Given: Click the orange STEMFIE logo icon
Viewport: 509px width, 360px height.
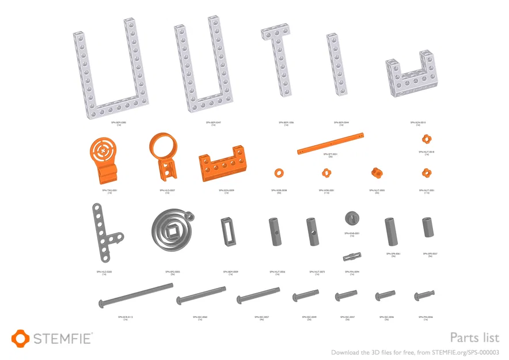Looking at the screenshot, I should coord(20,338).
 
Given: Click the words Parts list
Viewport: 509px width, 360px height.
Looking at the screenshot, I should coord(474,338).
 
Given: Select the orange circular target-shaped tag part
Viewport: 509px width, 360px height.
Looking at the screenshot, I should coord(104,151).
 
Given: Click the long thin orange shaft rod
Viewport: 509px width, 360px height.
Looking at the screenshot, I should coord(331,143).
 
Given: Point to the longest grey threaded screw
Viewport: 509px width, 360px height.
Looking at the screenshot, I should coord(136,294).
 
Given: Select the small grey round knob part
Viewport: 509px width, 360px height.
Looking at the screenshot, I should coord(352,218).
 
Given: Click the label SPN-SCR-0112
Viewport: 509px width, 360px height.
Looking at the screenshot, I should coord(126,316).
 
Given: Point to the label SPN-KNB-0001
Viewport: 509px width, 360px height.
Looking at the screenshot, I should coord(352,233).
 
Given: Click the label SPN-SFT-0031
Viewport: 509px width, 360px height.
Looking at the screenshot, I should coord(330,154).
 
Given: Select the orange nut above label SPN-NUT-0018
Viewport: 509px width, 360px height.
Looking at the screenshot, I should coord(426,138).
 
